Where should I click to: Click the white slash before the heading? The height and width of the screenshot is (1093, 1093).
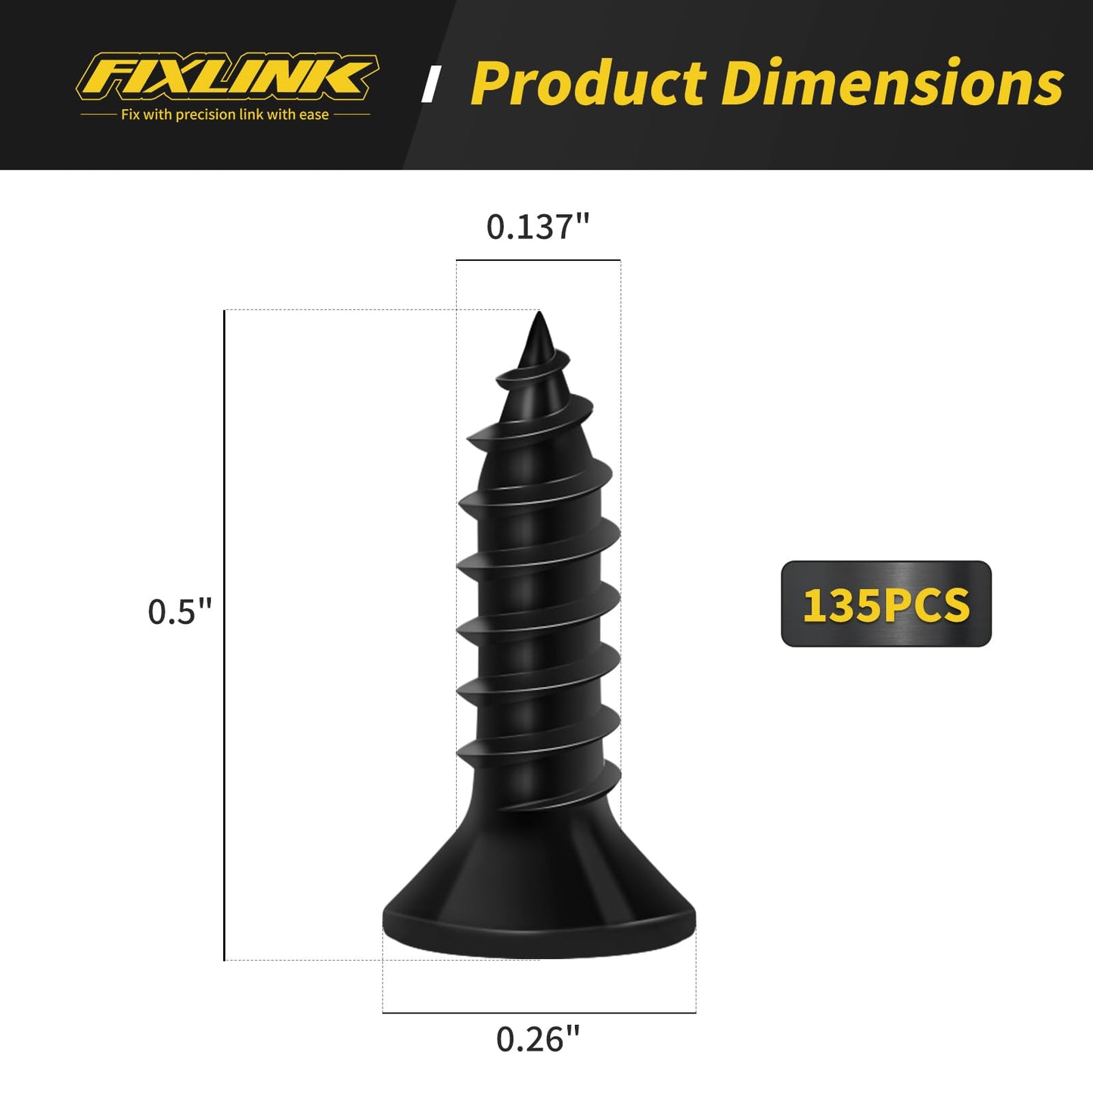click(432, 84)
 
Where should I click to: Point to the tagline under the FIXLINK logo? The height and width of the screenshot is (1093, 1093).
click(225, 115)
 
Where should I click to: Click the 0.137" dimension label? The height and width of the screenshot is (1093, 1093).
click(538, 227)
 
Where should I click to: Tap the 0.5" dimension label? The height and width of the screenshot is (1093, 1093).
click(180, 612)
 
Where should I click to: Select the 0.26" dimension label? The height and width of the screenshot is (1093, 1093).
click(538, 1039)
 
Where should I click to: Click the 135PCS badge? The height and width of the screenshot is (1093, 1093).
click(886, 604)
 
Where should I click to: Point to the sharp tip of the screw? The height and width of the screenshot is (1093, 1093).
click(539, 318)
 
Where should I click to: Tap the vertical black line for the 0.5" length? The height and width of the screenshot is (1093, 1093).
click(225, 635)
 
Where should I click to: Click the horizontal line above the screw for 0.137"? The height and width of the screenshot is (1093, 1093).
click(538, 260)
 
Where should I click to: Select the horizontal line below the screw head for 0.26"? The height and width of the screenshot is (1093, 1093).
click(539, 1012)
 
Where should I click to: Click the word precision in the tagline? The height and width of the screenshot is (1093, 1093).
click(206, 115)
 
